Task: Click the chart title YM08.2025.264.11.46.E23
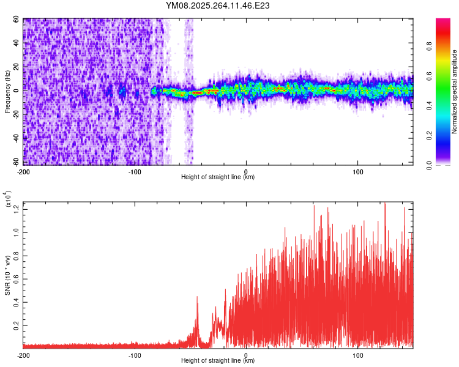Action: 218,6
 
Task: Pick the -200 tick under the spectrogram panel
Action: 23,172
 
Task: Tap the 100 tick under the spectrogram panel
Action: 358,172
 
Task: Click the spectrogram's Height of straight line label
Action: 218,177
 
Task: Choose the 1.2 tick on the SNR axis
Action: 17,209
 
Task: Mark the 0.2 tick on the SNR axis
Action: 17,327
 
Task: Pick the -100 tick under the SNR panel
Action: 135,355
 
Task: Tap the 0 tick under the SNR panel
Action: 246,355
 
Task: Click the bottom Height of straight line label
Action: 218,360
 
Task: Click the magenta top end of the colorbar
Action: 444,21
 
